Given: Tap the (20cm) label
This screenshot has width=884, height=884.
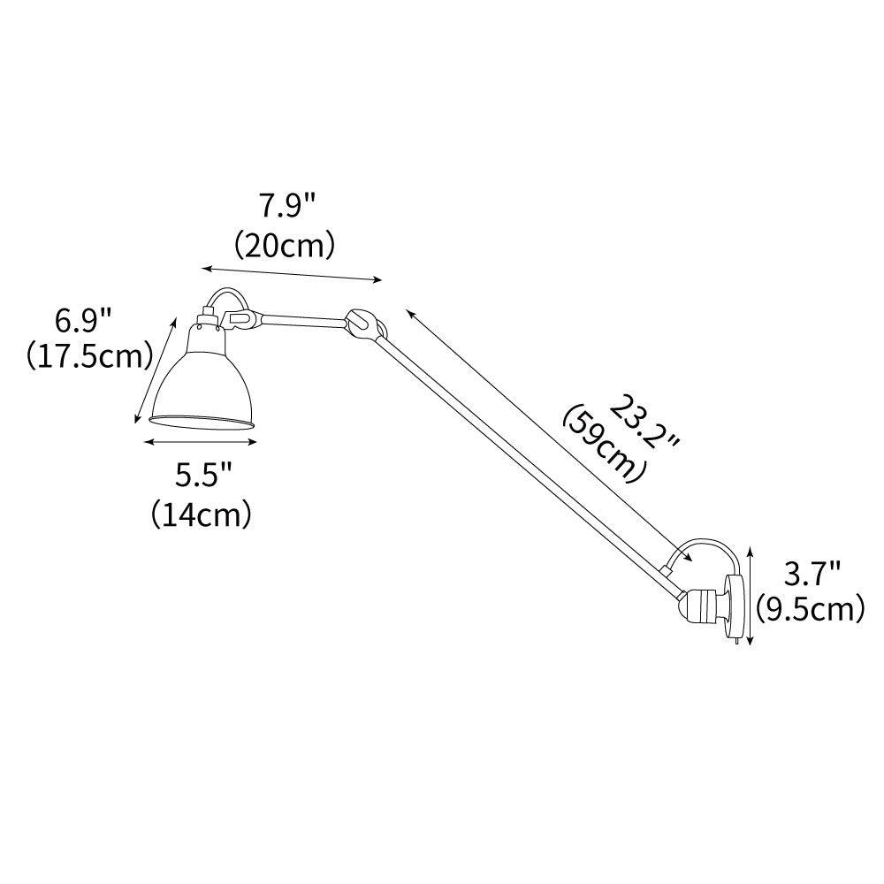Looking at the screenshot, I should tap(285, 244).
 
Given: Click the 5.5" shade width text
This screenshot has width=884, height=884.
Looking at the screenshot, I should tap(202, 476).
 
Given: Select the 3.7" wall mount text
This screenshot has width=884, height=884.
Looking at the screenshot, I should tap(811, 575).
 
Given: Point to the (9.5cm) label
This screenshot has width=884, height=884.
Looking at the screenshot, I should tap(810, 609).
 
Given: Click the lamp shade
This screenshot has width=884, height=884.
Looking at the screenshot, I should tap(205, 380).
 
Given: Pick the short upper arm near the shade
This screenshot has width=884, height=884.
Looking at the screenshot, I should tap(301, 316).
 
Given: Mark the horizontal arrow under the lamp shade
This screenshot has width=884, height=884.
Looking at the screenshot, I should tap(202, 442).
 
